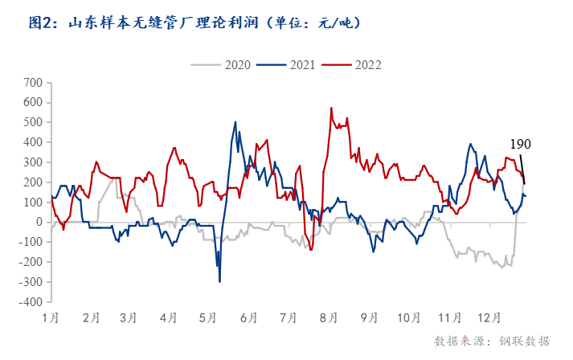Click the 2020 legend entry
click(x=237, y=64)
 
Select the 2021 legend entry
click(x=301, y=64)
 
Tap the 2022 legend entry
click(x=366, y=64)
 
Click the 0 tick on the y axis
click(x=38, y=223)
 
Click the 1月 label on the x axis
click(x=50, y=317)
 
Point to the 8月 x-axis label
click(x=327, y=317)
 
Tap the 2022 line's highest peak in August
click(x=331, y=108)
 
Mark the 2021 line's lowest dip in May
click(x=219, y=281)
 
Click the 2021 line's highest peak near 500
click(x=235, y=122)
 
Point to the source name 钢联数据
click(x=525, y=341)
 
